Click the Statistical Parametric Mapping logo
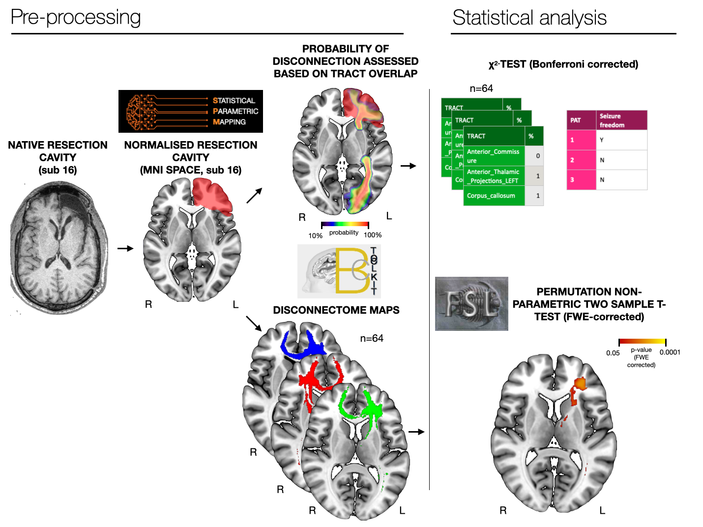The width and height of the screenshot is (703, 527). point(190,112)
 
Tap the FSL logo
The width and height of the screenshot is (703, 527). point(471,304)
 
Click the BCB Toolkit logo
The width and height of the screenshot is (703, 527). point(339,271)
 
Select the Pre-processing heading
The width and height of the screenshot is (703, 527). point(76,18)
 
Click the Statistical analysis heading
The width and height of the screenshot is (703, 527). point(529,18)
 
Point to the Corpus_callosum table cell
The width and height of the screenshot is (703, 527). point(494,196)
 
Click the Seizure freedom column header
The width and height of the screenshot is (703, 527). point(621,120)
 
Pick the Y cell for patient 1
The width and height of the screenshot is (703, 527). point(602,140)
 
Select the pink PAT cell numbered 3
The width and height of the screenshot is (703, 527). point(581,180)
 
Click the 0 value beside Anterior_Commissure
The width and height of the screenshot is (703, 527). point(538,156)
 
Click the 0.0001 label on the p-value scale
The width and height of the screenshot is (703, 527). point(670,352)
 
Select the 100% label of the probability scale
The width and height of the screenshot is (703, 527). point(373,235)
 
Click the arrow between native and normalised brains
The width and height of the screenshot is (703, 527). point(125,248)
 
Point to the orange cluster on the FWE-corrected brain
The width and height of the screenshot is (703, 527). point(580,383)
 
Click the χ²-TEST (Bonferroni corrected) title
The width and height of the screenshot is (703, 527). point(563,64)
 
